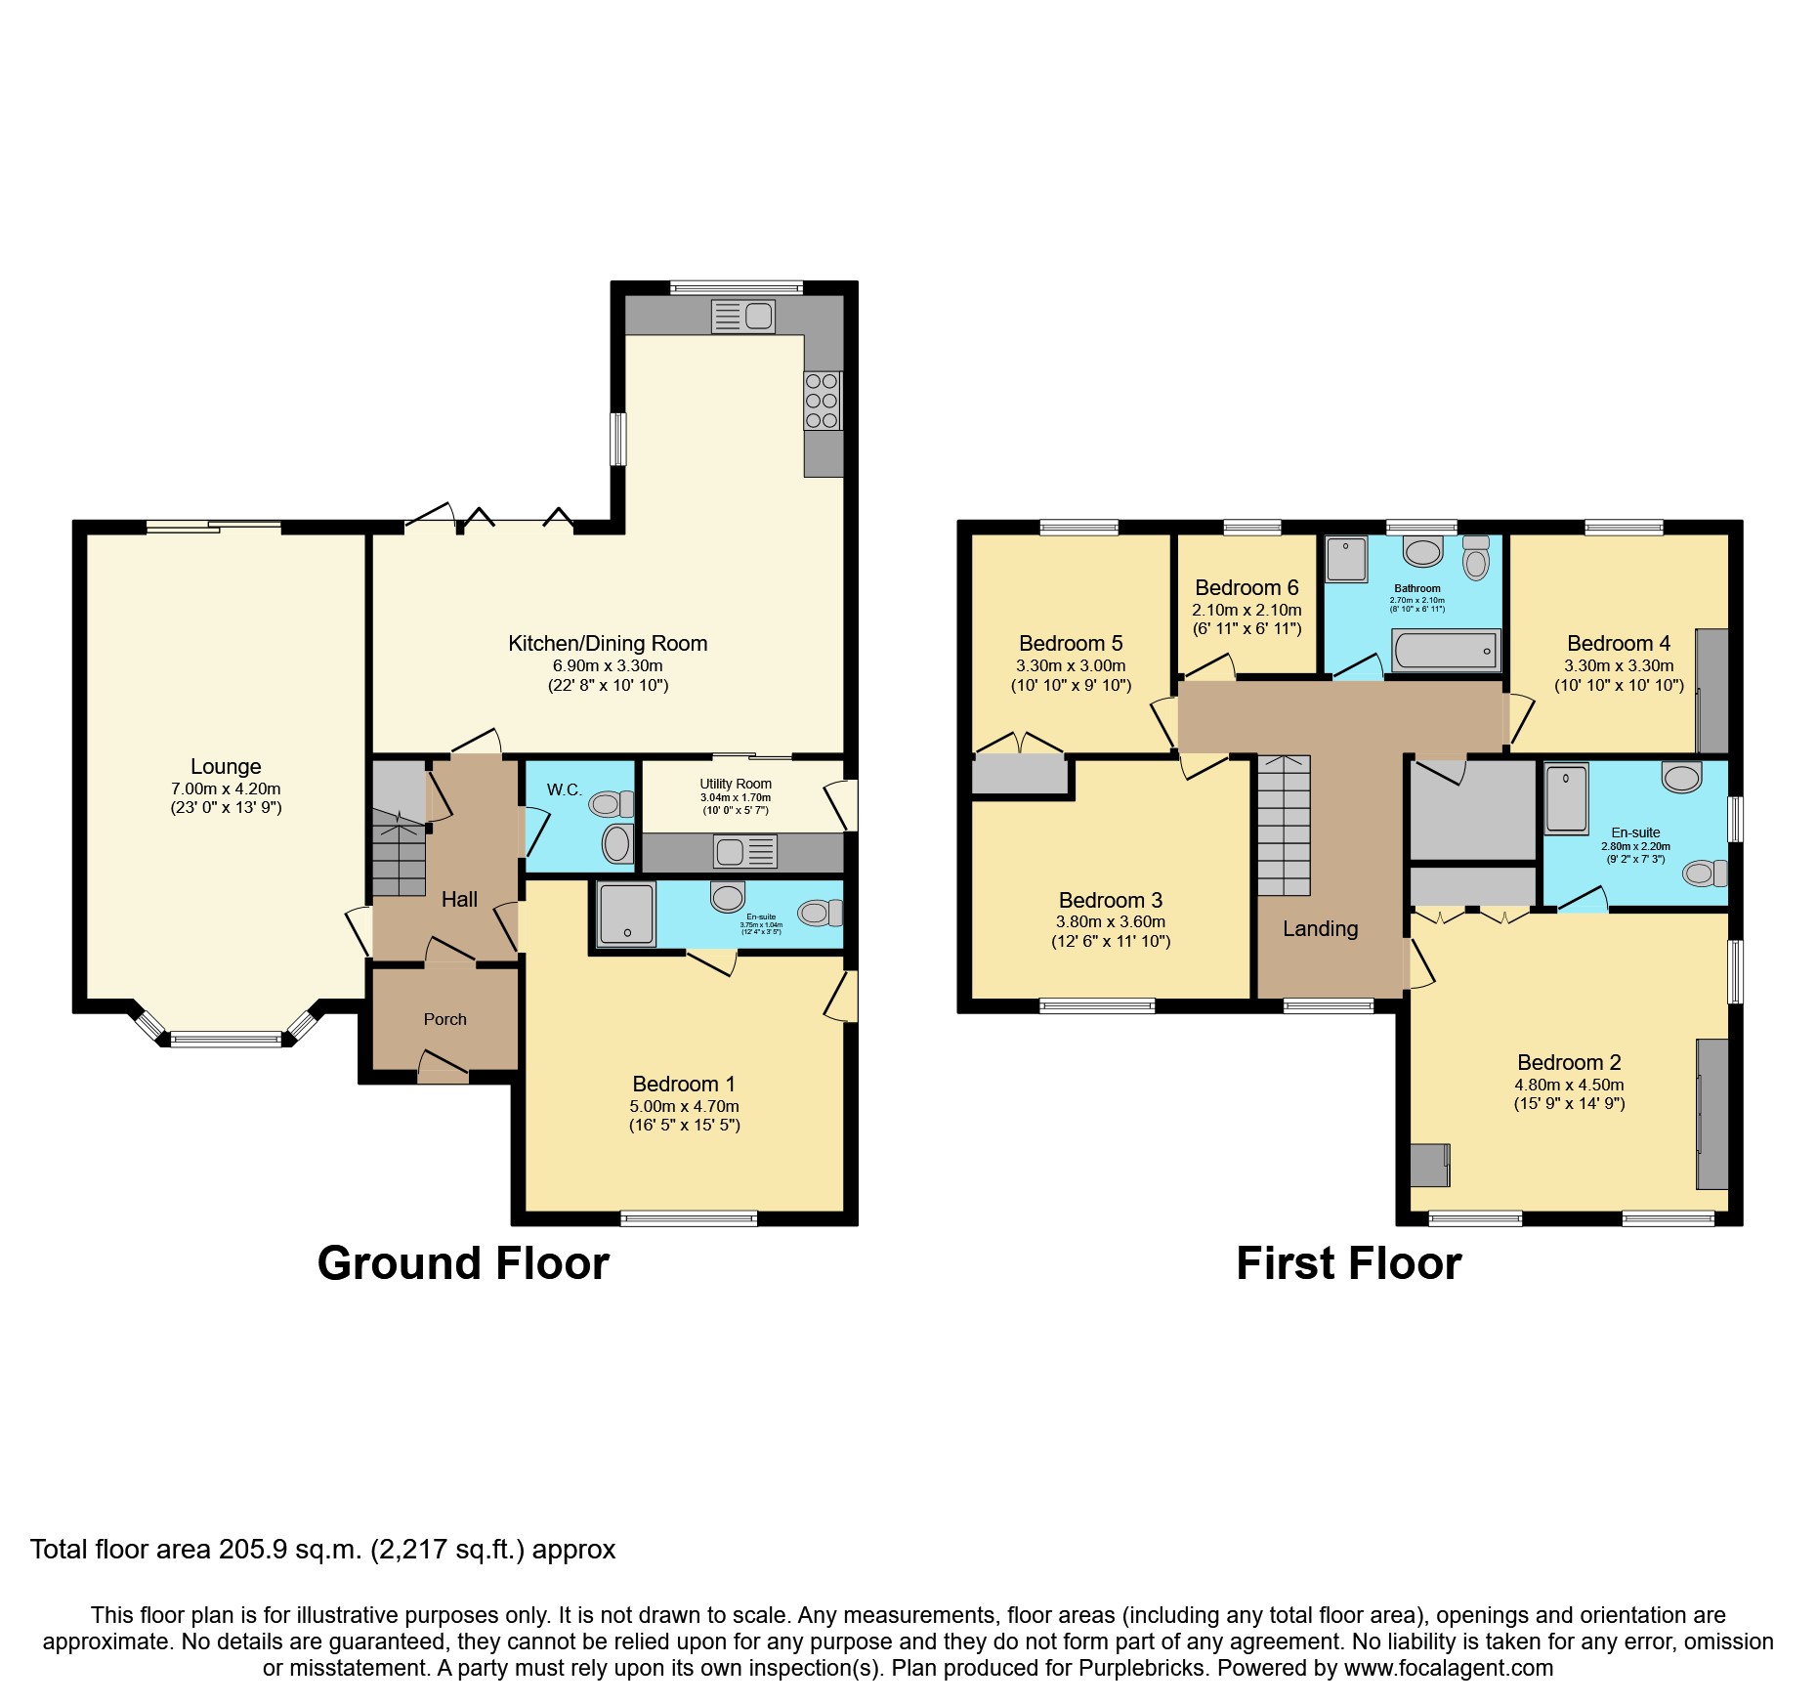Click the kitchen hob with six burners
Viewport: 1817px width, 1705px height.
tap(822, 401)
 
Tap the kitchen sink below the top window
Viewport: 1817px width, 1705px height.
tap(743, 317)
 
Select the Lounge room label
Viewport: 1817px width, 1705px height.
tap(226, 767)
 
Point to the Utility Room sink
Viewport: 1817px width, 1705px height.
tap(744, 852)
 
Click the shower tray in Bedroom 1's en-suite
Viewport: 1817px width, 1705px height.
tap(626, 915)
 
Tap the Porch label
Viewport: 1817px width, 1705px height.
tap(444, 1019)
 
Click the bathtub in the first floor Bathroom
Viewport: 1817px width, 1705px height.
tap(1445, 651)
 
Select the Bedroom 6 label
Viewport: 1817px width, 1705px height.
tap(1247, 588)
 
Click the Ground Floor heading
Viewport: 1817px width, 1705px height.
tap(463, 1263)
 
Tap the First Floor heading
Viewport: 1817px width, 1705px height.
tap(1348, 1263)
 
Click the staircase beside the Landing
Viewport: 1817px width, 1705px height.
tap(1283, 826)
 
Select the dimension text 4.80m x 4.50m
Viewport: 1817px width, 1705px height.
tap(1569, 1085)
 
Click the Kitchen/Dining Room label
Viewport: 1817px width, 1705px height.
tap(608, 644)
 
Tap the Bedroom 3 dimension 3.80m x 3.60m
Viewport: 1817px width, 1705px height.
tap(1110, 921)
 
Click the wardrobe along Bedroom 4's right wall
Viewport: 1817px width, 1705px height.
tap(1711, 691)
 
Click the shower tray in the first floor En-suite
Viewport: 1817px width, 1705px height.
tap(1567, 798)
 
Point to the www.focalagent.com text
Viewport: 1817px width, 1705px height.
tap(1448, 1668)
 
